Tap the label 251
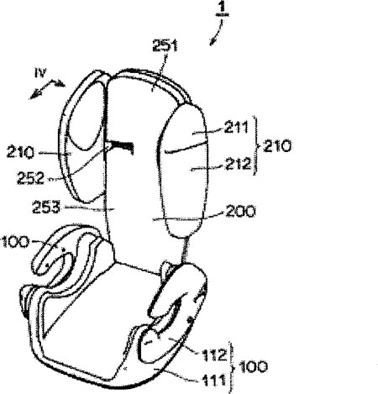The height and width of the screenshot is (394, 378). (x=165, y=45)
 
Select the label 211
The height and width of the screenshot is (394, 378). (x=236, y=127)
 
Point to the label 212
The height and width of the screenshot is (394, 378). (x=239, y=164)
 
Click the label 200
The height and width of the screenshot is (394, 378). (x=240, y=211)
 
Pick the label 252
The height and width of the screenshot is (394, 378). (x=30, y=178)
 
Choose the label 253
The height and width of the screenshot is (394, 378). (x=46, y=208)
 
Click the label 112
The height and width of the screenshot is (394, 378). (x=214, y=355)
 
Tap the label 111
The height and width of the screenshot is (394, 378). (x=213, y=381)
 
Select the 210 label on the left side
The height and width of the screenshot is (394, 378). (x=20, y=153)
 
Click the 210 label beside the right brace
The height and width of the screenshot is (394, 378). (x=277, y=146)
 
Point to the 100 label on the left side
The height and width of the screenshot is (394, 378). (x=15, y=242)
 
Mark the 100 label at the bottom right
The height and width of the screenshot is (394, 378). (x=253, y=367)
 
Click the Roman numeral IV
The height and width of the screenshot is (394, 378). (x=40, y=73)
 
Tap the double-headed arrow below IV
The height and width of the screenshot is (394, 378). (x=47, y=89)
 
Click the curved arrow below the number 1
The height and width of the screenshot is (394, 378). (x=218, y=33)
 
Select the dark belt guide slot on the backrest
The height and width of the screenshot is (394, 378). (x=120, y=146)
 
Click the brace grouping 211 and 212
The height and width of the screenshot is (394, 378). (x=255, y=145)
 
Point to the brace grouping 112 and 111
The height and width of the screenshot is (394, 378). (x=232, y=367)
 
